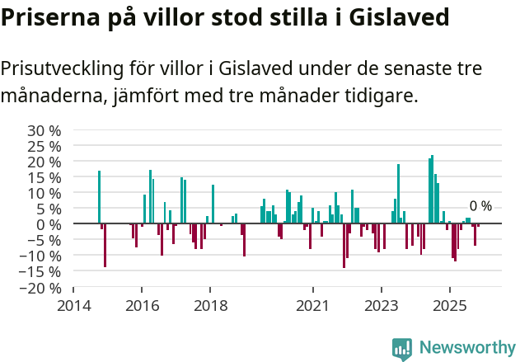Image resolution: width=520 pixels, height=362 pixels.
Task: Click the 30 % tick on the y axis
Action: point(44,130)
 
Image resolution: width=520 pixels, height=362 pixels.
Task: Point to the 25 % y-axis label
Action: point(44,146)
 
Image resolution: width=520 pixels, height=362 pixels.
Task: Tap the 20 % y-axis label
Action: point(44,162)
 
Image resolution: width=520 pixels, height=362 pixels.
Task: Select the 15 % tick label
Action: point(44,177)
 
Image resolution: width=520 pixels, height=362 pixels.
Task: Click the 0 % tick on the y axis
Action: point(48,224)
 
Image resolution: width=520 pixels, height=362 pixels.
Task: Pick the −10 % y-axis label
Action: point(40,256)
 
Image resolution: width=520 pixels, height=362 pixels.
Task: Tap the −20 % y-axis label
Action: point(40,288)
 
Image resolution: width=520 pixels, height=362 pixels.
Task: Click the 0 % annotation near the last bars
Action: point(480,206)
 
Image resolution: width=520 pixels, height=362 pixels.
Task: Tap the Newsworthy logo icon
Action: point(402,349)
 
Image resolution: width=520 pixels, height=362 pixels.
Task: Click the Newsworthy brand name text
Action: point(467,348)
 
